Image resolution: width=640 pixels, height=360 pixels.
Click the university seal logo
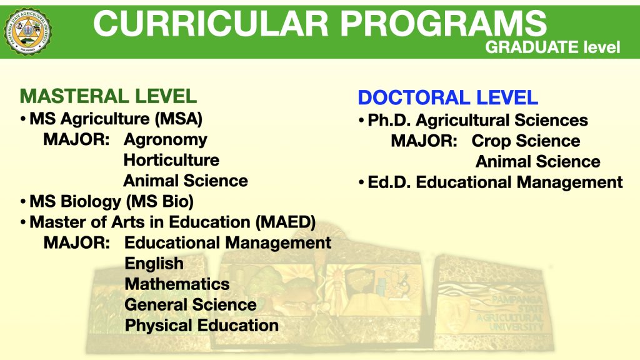(27, 31)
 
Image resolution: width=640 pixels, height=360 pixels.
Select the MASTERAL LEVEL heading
(108, 96)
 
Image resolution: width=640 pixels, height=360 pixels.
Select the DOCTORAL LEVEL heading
(447, 97)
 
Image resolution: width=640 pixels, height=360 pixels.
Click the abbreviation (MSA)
(178, 119)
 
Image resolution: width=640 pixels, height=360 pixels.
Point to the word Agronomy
(165, 140)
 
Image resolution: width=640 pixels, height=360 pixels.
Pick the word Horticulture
(171, 160)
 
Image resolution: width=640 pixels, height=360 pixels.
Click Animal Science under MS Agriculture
(186, 181)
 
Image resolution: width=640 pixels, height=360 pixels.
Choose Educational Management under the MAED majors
(227, 243)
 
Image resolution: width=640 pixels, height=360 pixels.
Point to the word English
(154, 264)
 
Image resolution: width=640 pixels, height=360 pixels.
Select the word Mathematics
(177, 284)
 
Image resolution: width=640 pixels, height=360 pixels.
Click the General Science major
(191, 305)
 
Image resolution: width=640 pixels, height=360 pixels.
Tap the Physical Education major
(202, 326)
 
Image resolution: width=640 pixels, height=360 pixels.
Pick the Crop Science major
(526, 141)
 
